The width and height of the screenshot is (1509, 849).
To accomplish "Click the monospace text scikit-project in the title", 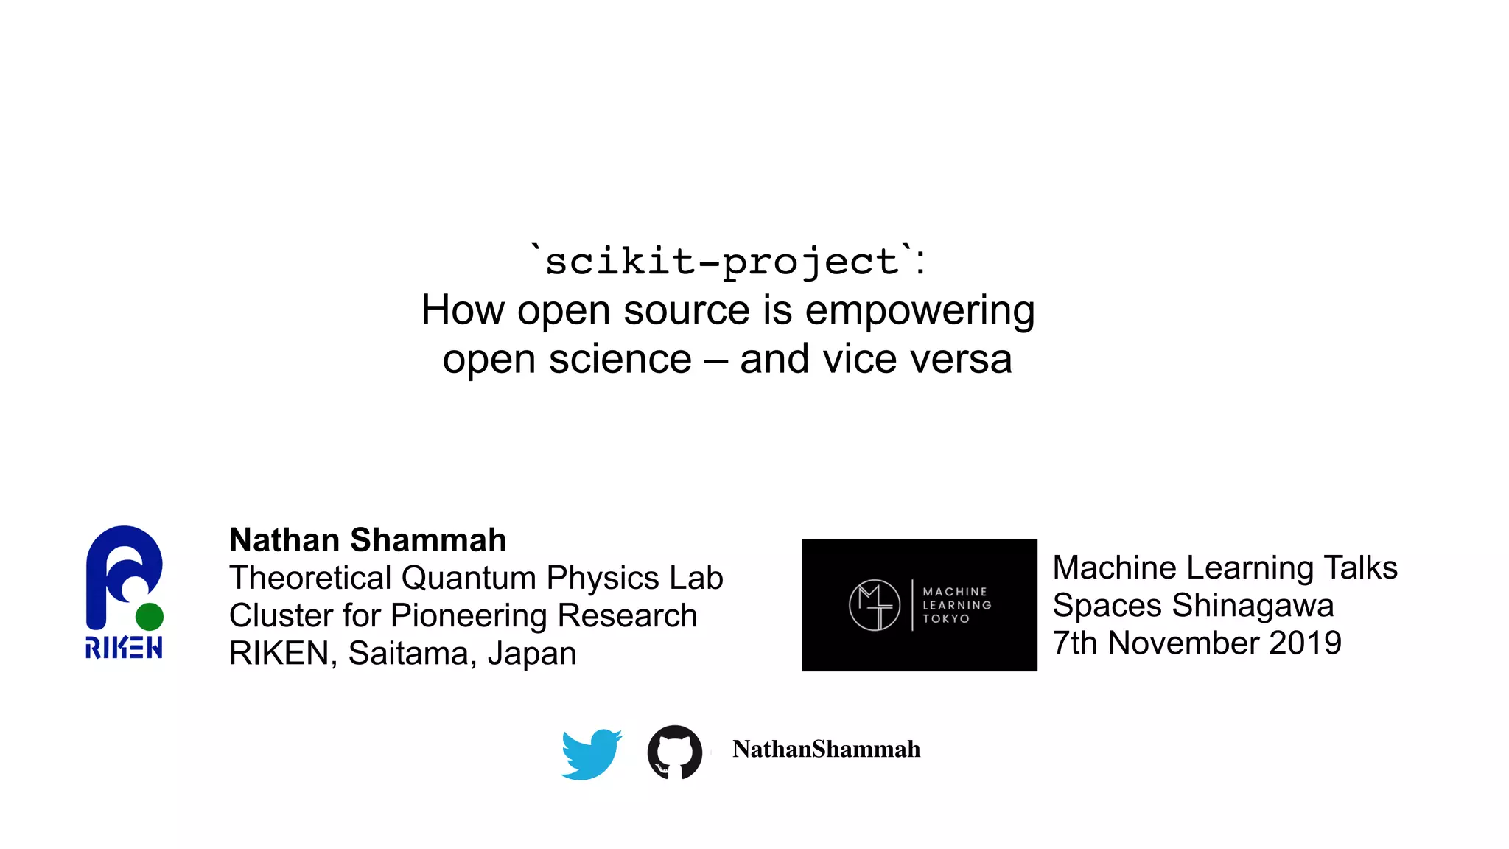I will [x=722, y=262].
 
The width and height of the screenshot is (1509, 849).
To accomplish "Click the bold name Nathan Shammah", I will [x=368, y=540].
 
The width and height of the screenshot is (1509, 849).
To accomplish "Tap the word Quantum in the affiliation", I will [x=468, y=578].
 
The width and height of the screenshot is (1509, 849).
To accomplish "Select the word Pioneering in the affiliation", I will [x=469, y=616].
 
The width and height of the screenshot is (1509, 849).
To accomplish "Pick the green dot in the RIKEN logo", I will [x=150, y=616].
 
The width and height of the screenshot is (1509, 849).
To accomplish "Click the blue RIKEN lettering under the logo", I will [x=124, y=648].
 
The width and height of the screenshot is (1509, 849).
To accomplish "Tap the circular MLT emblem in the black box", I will [x=875, y=605].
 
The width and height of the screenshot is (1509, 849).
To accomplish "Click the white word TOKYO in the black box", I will [x=946, y=619].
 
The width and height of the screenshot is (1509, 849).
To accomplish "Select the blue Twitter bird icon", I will [x=591, y=754].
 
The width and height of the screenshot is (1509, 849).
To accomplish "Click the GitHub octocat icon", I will [x=674, y=752].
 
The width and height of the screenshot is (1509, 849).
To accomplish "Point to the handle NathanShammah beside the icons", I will [x=826, y=750].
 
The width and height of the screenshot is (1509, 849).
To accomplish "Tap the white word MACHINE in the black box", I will [x=955, y=592].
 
